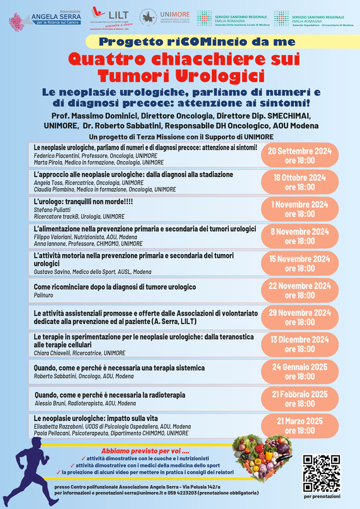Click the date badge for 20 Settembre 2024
[299, 155]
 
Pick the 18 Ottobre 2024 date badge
[299, 182]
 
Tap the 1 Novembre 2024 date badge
[299, 209]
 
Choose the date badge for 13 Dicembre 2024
[299, 344]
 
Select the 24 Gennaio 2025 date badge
[299, 371]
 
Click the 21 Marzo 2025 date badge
[299, 426]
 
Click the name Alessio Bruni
[53, 403]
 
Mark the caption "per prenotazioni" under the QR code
[322, 496]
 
